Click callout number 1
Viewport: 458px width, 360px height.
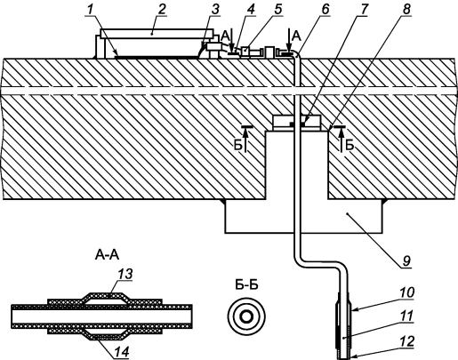coord(89,9)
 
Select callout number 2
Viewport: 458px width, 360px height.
coord(161,9)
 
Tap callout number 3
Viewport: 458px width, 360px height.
coord(215,9)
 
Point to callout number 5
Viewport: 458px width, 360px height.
coord(277,9)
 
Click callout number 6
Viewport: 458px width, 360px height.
coord(325,9)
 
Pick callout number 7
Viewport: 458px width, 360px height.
coord(364,9)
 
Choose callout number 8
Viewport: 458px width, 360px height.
coord(406,9)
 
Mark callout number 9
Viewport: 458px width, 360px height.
coord(406,260)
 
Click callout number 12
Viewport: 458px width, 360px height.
coord(407,341)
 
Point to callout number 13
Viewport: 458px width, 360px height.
coord(125,274)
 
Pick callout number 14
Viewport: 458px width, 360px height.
coord(122,352)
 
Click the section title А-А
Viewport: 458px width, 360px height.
coord(107,255)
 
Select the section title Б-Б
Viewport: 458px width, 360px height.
coord(246,285)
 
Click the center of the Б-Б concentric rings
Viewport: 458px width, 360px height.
coord(246,316)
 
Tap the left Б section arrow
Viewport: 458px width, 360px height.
coord(245,140)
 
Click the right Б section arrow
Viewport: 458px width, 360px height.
coord(341,140)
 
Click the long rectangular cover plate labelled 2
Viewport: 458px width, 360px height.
coord(157,34)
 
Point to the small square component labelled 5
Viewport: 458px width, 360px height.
coord(245,52)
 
